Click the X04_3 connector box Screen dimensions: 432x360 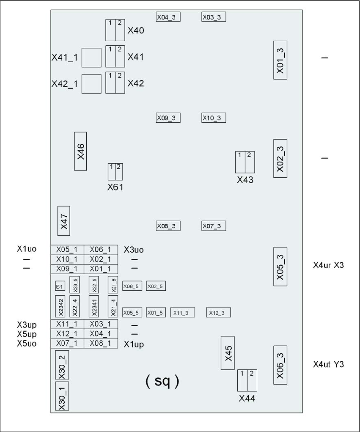click(168, 17)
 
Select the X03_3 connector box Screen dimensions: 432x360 click(214, 17)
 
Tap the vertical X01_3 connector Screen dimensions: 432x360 click(280, 60)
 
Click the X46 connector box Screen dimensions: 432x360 click(80, 151)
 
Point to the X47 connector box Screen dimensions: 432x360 click(63, 220)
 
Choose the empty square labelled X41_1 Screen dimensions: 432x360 click(91, 58)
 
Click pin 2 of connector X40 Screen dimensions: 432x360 click(120, 30)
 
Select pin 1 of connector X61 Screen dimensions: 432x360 click(112, 172)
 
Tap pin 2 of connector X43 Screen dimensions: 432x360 click(249, 162)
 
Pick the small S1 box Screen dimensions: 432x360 click(59, 286)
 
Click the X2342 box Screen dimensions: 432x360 click(60, 306)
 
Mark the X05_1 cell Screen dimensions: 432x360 click(67, 250)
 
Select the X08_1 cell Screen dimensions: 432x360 click(100, 343)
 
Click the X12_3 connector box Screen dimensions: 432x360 click(218, 313)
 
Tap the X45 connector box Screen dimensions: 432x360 click(228, 353)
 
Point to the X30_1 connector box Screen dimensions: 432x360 click(62, 396)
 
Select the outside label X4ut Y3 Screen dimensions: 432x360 click(328, 364)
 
